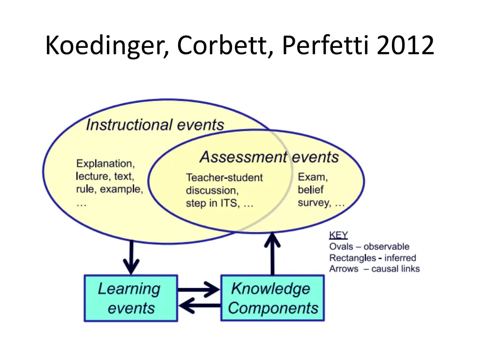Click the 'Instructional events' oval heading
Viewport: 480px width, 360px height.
pos(155,125)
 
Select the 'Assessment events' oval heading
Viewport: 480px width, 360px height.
pos(269,157)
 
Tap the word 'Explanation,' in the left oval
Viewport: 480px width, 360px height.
pos(105,164)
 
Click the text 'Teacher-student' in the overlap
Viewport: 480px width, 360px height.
pos(224,178)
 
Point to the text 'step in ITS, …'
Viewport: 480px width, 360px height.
pos(219,204)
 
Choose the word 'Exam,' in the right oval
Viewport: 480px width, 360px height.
pos(313,177)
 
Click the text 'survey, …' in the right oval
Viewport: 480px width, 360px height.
pos(321,203)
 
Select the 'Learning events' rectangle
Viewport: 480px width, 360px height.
pos(130,298)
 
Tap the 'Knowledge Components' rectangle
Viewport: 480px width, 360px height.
pos(272,298)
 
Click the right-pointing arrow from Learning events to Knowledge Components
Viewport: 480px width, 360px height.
pos(199,290)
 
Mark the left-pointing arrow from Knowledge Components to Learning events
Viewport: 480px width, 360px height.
pos(199,307)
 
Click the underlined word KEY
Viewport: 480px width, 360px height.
pos(338,235)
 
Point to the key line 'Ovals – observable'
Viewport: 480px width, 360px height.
pos(369,247)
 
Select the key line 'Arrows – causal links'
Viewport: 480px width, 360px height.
pos(374,269)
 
